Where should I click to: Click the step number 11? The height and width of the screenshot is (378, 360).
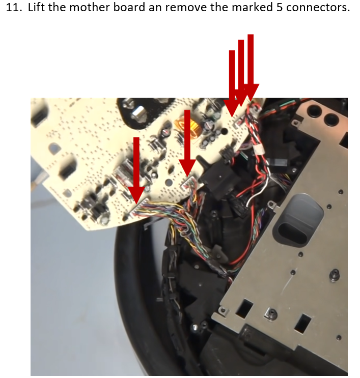click(x=13, y=8)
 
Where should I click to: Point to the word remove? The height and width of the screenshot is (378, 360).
click(x=186, y=8)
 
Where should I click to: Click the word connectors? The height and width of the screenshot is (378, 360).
click(x=318, y=8)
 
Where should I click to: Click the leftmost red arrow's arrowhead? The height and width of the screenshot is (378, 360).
click(x=136, y=194)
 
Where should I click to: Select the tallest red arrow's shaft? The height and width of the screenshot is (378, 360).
click(x=251, y=60)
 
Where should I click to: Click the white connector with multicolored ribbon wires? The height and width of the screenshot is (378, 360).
click(x=140, y=208)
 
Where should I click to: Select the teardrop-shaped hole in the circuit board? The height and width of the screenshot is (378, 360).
click(x=55, y=148)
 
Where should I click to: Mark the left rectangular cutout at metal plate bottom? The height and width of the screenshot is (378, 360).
click(x=244, y=308)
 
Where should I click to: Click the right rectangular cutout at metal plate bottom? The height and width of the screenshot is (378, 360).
click(x=302, y=323)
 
